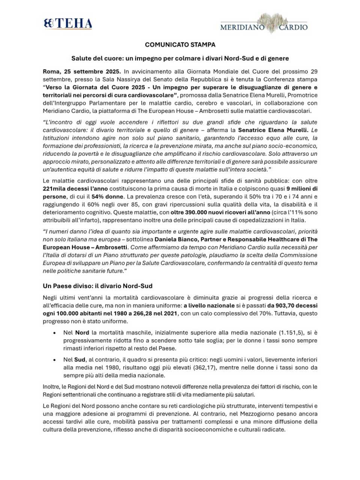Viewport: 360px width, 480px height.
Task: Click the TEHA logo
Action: click(x=68, y=24)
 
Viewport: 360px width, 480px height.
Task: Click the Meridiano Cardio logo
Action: click(x=264, y=24)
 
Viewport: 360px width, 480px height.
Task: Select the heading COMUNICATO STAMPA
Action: click(x=180, y=45)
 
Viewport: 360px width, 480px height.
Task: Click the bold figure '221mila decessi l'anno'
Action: click(x=75, y=189)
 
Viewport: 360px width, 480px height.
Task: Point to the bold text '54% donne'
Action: click(x=107, y=196)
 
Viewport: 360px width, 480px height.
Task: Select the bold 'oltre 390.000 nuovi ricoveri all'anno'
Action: click(x=220, y=212)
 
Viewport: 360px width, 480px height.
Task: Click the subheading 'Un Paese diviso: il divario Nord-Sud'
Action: click(x=97, y=286)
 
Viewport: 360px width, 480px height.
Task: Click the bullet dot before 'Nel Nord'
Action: click(x=55, y=333)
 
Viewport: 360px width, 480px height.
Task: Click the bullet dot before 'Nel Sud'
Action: click(x=55, y=360)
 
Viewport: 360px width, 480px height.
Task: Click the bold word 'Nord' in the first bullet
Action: click(x=82, y=333)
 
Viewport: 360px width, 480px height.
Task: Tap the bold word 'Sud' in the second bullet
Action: click(x=79, y=360)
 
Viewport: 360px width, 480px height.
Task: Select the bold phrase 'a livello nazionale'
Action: click(x=209, y=306)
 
